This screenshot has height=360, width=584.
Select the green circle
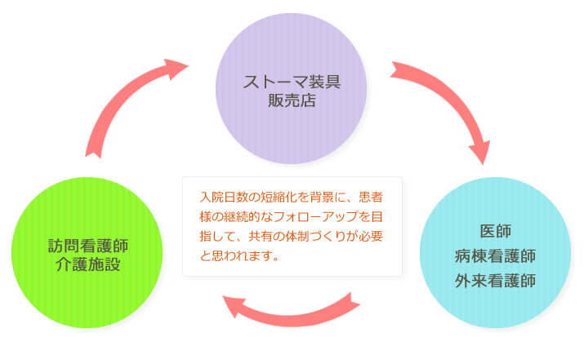pos(87,254)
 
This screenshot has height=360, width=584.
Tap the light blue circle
pos(495,255)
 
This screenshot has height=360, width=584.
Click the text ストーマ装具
pos(292,82)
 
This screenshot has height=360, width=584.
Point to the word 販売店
pos(292,102)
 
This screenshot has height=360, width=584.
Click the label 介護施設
pos(87,265)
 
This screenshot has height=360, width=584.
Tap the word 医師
pos(496,231)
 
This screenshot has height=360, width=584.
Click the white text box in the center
pos(292,226)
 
